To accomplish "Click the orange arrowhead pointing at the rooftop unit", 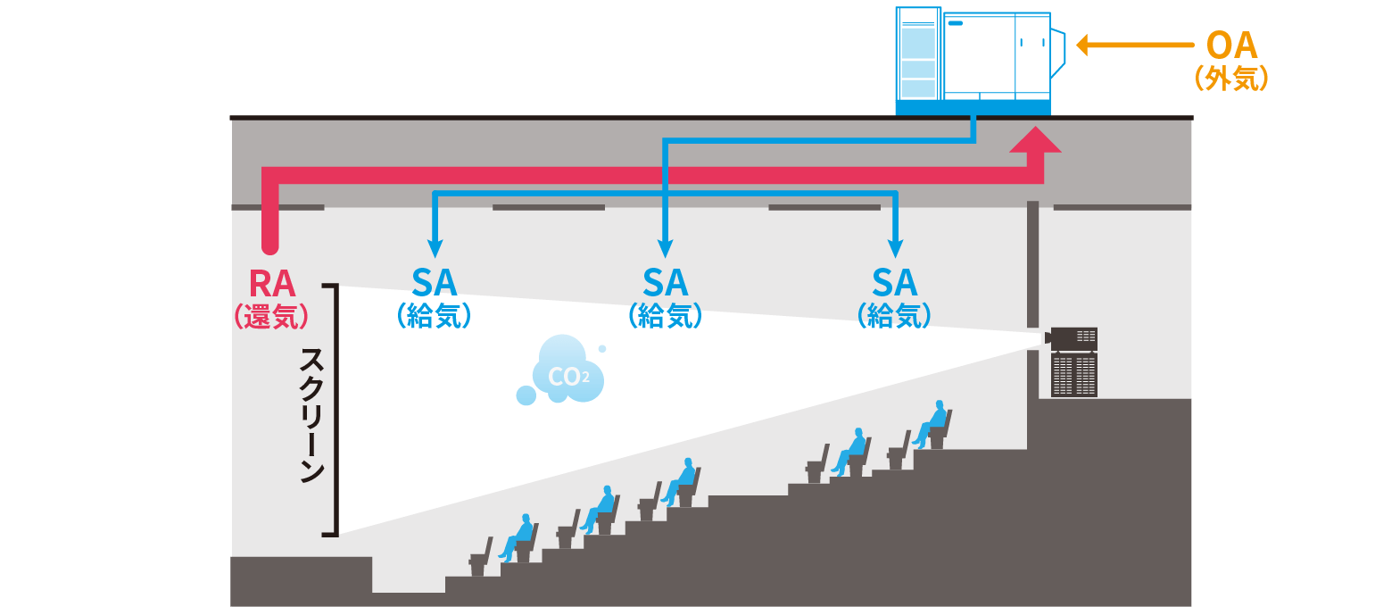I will pyautogui.click(x=1084, y=45).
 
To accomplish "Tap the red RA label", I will pyautogui.click(x=271, y=283).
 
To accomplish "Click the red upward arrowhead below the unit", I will pyautogui.click(x=1035, y=141).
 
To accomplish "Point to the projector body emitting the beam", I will pyautogui.click(x=1073, y=339).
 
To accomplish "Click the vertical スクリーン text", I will pyautogui.click(x=311, y=414).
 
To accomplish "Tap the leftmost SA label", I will pyautogui.click(x=435, y=283).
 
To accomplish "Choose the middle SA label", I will pyautogui.click(x=665, y=283).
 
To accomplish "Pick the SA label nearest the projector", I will pyautogui.click(x=894, y=283).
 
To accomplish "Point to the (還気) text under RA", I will pyautogui.click(x=271, y=316).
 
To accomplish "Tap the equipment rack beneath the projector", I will pyautogui.click(x=1073, y=375).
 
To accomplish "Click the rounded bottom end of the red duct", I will pyautogui.click(x=270, y=243).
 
